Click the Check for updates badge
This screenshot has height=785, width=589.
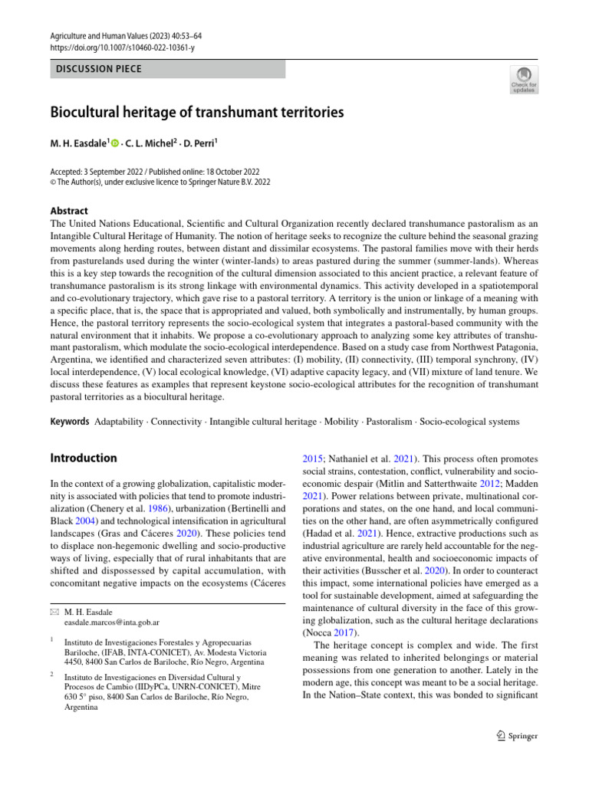pos(525,79)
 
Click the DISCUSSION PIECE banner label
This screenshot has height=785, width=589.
pos(99,69)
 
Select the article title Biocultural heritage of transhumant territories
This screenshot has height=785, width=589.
pos(197,113)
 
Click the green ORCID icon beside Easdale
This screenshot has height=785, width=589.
pos(115,143)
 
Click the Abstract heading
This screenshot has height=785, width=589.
pos(69,211)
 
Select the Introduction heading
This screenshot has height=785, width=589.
pos(84,458)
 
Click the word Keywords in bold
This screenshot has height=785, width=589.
pos(70,422)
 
